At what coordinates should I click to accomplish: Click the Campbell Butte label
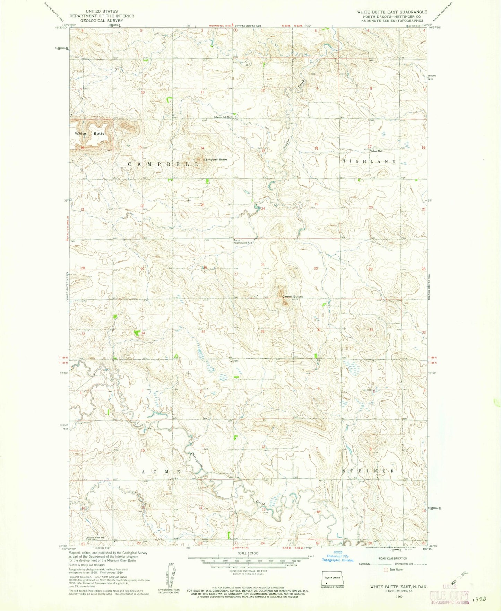215,159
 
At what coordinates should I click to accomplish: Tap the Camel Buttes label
292,296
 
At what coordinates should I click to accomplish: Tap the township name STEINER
368,471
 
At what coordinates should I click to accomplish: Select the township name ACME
162,472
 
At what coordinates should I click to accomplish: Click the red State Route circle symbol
386,569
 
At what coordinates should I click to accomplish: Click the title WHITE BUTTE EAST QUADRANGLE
392,12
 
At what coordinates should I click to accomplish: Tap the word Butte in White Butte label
99,133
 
